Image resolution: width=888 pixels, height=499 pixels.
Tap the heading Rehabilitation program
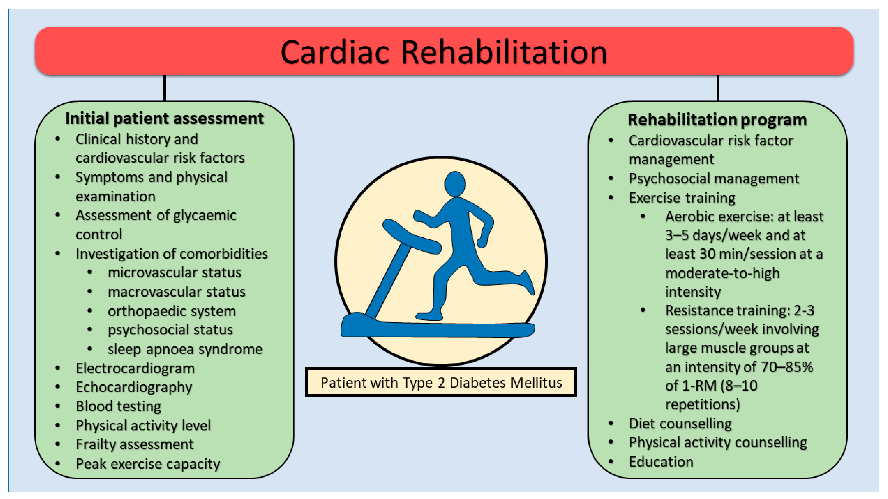click(717, 120)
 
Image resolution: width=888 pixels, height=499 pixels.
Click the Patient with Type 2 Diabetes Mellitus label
click(441, 383)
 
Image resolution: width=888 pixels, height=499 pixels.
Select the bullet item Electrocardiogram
click(135, 368)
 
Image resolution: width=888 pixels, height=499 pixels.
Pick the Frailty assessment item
click(134, 445)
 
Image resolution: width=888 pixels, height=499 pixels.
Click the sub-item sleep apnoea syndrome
click(185, 349)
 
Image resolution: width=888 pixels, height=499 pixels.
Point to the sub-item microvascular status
click(174, 273)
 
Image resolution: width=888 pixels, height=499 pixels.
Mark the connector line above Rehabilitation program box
click(718, 88)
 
